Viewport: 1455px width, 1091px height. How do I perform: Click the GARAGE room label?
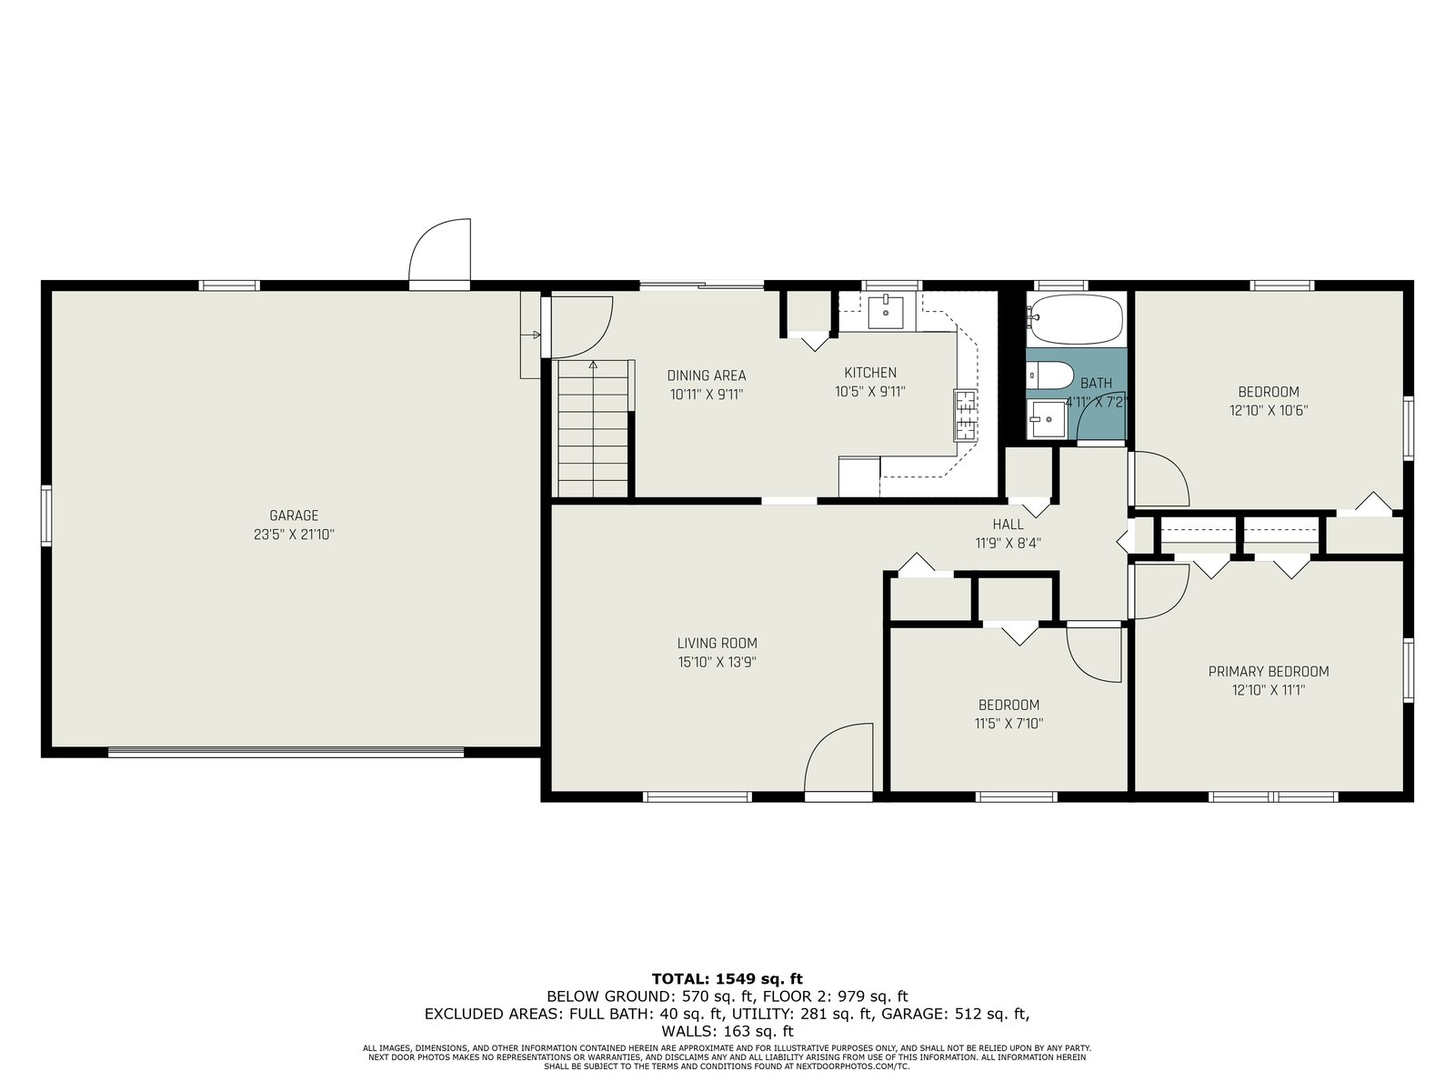tap(294, 515)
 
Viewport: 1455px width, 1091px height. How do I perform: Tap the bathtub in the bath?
tap(1075, 317)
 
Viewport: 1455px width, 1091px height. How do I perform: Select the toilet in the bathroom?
tap(1050, 375)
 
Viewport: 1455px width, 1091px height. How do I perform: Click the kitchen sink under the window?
tap(886, 313)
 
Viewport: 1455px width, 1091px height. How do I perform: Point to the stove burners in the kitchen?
tap(965, 416)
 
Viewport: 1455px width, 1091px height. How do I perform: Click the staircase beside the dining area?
tap(593, 428)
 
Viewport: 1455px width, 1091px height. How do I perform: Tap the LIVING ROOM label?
tap(717, 643)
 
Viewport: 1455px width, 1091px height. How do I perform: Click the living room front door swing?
tap(837, 757)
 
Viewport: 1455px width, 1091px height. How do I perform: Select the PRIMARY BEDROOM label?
tap(1269, 672)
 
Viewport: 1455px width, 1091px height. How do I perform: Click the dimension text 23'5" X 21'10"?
tap(294, 535)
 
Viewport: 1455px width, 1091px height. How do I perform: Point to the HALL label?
tap(1008, 525)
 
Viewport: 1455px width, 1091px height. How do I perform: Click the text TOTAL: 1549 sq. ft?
tap(727, 979)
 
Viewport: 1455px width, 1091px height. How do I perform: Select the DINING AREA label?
tap(707, 375)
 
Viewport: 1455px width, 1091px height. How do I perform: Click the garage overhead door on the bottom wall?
tap(286, 752)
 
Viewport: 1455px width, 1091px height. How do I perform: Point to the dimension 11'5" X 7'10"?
tap(1008, 724)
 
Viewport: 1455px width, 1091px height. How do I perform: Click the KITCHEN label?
tap(870, 373)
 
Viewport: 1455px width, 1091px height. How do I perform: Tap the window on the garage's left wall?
tap(46, 516)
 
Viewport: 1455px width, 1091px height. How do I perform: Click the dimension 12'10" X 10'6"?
tap(1269, 411)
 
